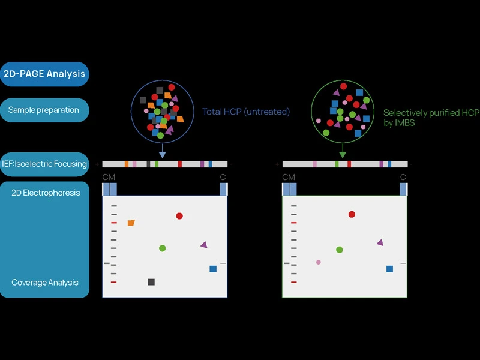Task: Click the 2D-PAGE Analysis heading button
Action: (45, 74)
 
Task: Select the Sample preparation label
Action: (44, 110)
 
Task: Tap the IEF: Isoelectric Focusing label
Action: (44, 164)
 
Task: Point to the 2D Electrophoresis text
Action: (46, 193)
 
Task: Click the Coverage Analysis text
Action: (45, 283)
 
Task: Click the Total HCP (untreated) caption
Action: (246, 112)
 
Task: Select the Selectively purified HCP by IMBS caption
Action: (431, 118)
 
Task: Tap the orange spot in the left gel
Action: (131, 223)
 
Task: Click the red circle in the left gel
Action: (179, 216)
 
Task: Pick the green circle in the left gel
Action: (162, 248)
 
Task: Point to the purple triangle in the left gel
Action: (204, 245)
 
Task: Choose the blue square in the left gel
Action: (213, 269)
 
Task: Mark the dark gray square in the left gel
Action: (151, 282)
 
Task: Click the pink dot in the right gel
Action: (319, 262)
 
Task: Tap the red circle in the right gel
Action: (352, 214)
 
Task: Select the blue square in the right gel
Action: (389, 269)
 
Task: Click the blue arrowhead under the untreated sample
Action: (162, 155)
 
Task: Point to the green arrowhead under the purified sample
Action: (343, 155)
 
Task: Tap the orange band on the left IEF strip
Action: (127, 164)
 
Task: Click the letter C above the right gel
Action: (403, 177)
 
